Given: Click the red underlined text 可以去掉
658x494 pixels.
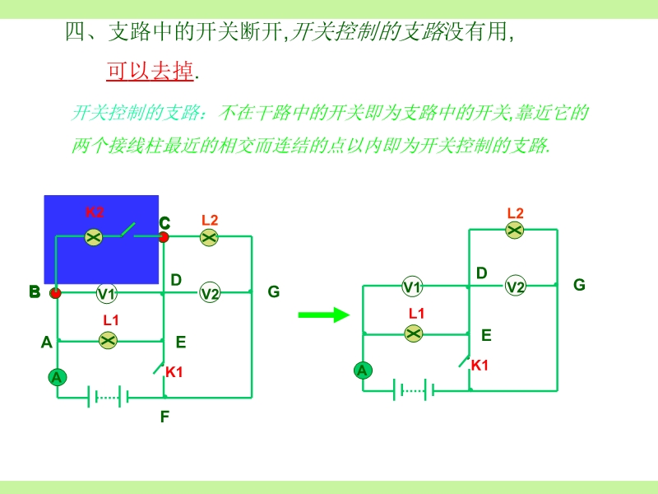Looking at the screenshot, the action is (150, 71).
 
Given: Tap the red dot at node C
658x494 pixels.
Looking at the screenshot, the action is (163, 237).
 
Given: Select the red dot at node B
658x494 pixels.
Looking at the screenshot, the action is (55, 293).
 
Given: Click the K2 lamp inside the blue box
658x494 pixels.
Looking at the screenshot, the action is (94, 237).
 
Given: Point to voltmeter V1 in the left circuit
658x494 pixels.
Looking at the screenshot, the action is (107, 293).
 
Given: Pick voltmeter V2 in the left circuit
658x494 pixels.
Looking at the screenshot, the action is (210, 293).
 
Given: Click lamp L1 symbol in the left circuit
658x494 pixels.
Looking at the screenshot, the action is (109, 340).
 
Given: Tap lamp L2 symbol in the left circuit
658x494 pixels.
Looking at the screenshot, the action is (209, 237).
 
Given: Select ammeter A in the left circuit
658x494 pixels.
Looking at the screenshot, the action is (57, 377).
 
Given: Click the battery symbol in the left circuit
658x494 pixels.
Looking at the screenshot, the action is (108, 397).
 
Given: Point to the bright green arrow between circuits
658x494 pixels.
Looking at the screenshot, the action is (323, 315).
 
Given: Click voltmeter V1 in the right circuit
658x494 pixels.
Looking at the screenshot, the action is (412, 287).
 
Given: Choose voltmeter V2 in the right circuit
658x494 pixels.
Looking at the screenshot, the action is (516, 286).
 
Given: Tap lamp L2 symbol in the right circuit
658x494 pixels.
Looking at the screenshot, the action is (515, 230).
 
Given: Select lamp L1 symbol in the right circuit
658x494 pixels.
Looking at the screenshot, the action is (414, 333).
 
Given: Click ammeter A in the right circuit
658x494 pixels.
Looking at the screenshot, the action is (363, 370).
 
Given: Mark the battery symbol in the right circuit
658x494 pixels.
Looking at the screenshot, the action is (414, 390).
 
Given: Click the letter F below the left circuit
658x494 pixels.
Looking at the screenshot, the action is (165, 417).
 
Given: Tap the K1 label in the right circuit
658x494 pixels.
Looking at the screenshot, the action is (480, 366).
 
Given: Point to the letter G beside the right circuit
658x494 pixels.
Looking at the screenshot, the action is (579, 285).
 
